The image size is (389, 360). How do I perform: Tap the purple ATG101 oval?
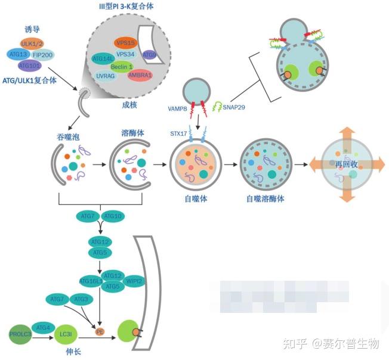click(x=28, y=65)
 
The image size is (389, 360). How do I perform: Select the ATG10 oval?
click(x=112, y=215)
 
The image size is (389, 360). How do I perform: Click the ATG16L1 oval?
click(x=91, y=280)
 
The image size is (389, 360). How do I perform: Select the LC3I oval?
click(x=65, y=335)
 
